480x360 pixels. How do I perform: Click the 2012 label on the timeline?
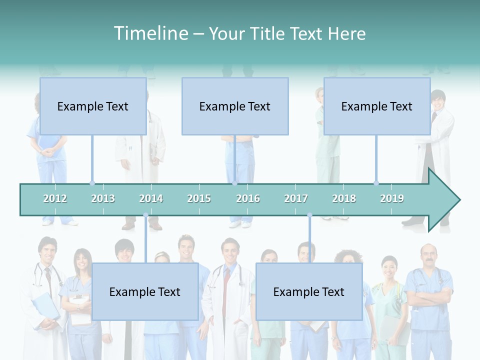point(55,198)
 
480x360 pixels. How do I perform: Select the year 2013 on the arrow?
point(103,198)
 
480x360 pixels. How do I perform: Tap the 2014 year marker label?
point(151,198)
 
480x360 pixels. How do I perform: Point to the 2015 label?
point(199,198)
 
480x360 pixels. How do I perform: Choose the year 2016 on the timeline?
point(248,198)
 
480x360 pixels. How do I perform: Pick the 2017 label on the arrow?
point(296,198)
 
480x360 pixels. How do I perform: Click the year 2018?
point(344,198)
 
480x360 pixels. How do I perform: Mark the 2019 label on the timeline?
point(392,198)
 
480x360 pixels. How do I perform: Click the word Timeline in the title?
point(150,33)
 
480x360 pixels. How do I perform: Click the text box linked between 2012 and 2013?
point(93,106)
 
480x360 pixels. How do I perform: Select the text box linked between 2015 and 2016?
point(235,106)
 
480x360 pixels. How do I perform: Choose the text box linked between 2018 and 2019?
point(377,106)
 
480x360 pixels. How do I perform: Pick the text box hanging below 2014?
point(145,291)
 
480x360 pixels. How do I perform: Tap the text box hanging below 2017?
point(309,291)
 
